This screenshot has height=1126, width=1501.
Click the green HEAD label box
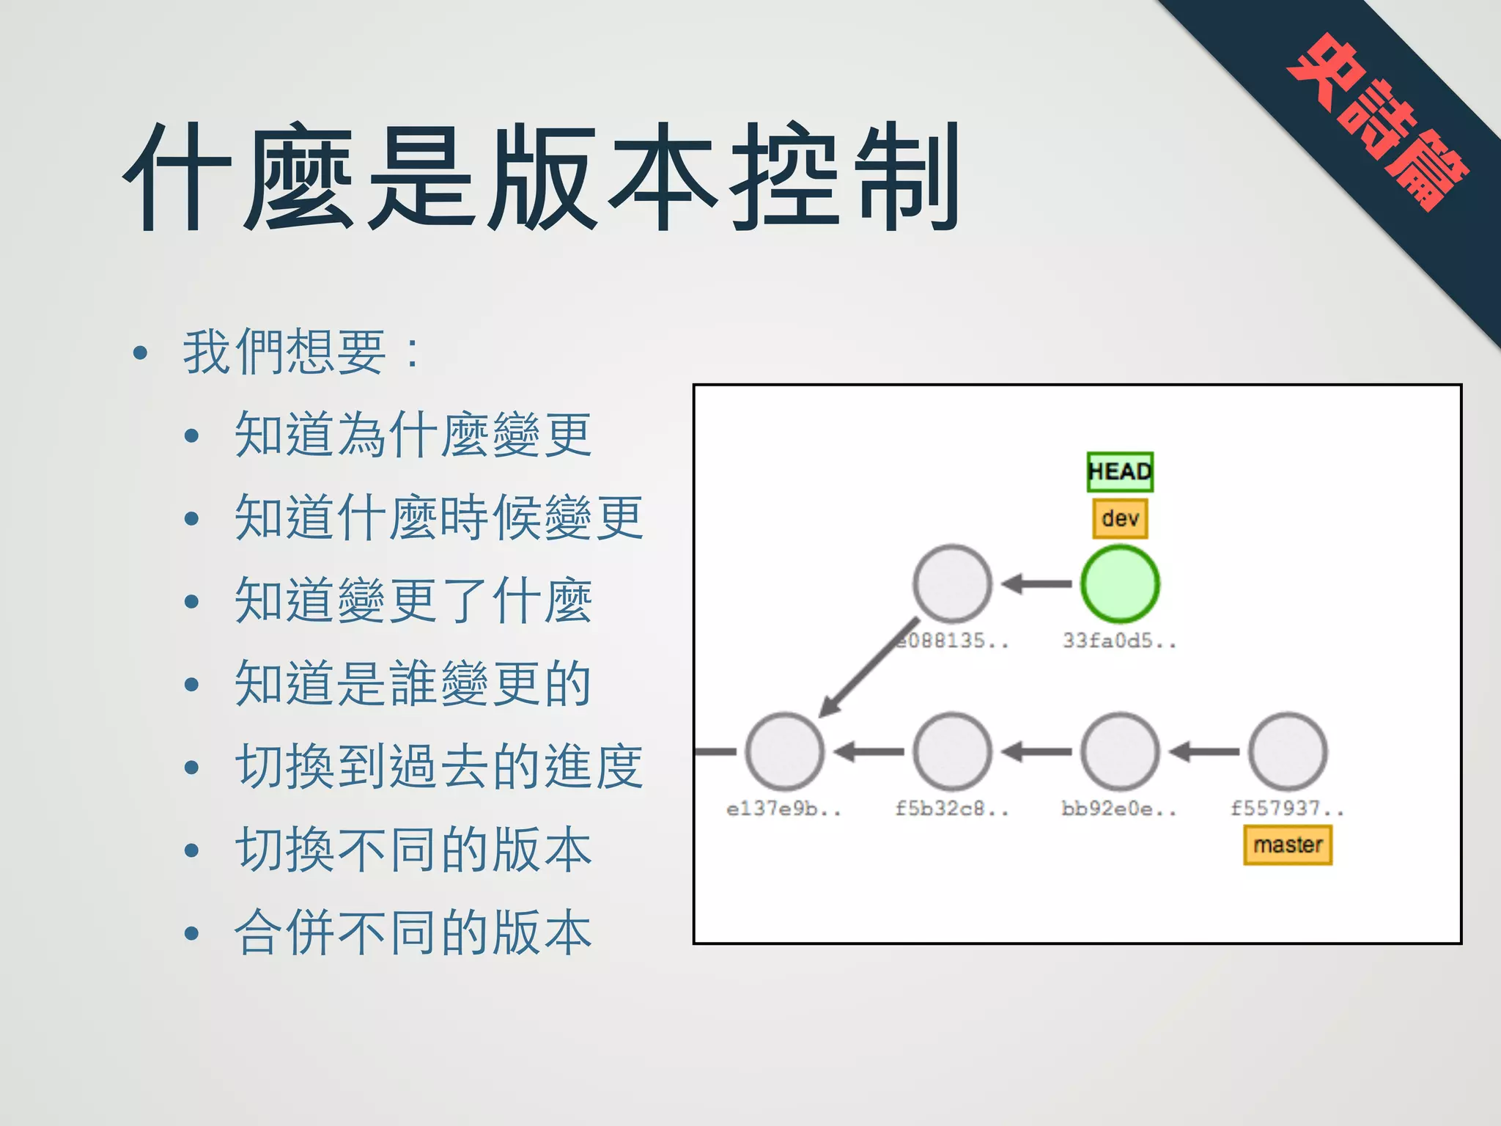pos(1120,471)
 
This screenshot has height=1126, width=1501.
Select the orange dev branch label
pos(1120,518)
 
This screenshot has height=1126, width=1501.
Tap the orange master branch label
pos(1288,844)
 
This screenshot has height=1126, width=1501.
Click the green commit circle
pos(1120,584)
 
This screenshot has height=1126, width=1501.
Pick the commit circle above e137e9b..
pos(784,751)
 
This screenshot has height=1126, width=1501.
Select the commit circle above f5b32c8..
pos(952,751)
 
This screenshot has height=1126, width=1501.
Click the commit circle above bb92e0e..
pos(1120,751)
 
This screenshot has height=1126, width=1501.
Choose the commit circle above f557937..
pos(1288,751)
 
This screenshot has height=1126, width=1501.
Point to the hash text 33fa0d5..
pos(1119,641)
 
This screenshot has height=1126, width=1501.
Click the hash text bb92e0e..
pos(1119,809)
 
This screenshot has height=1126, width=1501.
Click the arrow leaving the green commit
pos(1036,584)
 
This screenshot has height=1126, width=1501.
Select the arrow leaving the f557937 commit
pos(1204,751)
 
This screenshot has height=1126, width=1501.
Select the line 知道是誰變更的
pos(413,683)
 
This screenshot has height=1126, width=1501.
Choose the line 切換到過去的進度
pos(438,766)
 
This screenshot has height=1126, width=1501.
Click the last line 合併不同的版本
pos(413,932)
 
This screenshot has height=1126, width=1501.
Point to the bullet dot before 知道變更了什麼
pos(192,602)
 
